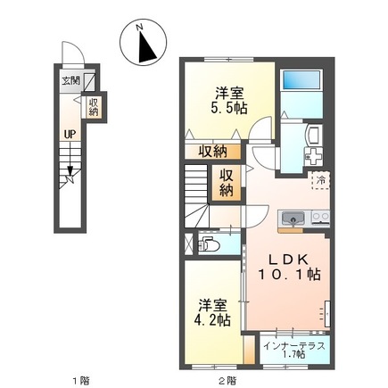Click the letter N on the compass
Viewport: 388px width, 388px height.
tap(139, 27)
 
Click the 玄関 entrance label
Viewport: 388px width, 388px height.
tap(70, 80)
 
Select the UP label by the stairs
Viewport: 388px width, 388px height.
tap(70, 135)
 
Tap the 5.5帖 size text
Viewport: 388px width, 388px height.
tap(229, 108)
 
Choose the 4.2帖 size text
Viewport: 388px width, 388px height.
tap(212, 320)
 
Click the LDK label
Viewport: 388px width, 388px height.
tap(288, 260)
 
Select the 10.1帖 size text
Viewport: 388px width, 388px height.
tap(289, 275)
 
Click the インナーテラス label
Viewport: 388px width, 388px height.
tap(293, 346)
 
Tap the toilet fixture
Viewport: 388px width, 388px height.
tap(209, 244)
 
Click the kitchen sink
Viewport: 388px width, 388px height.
tap(293, 219)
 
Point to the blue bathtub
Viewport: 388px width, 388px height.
tap(301, 79)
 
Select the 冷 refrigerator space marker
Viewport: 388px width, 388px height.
tap(321, 180)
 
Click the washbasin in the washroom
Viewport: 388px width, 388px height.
tap(313, 134)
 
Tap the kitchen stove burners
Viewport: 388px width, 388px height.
tap(320, 218)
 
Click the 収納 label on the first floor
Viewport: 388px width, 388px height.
tap(95, 107)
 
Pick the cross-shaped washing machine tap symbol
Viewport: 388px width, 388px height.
tap(313, 156)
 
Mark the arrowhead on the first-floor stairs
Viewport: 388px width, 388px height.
tap(70, 171)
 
